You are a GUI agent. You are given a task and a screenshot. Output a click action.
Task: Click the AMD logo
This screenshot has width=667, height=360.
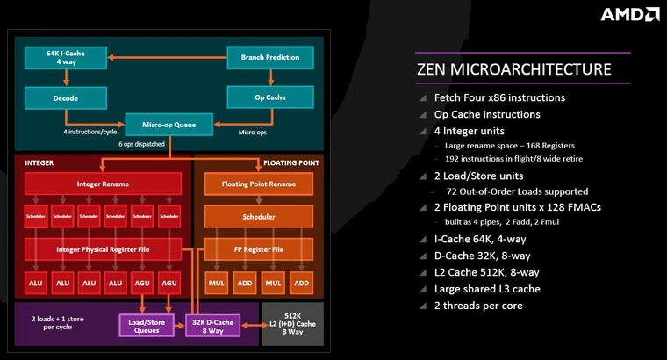click(x=629, y=14)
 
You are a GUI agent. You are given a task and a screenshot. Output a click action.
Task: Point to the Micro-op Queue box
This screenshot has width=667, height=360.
click(x=169, y=125)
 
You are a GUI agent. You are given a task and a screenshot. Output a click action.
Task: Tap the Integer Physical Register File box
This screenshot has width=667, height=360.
click(x=102, y=249)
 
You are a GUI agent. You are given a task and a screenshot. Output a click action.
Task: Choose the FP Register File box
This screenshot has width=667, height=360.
click(x=258, y=249)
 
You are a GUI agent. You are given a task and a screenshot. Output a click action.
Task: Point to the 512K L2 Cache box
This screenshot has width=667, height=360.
click(x=293, y=323)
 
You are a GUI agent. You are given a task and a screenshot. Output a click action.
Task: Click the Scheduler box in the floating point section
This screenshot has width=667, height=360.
click(x=258, y=216)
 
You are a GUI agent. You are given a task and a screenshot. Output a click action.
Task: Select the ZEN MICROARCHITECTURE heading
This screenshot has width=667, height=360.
click(x=513, y=68)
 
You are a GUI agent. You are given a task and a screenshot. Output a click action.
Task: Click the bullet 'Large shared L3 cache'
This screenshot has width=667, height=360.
click(x=499, y=289)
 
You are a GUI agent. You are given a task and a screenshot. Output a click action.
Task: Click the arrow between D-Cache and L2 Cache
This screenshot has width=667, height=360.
click(x=254, y=326)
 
